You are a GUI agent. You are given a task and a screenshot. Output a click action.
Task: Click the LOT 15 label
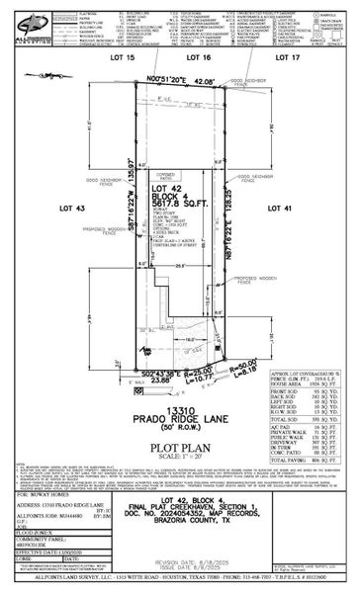[122, 58]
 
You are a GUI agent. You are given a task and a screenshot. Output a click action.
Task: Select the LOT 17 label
[287, 58]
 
